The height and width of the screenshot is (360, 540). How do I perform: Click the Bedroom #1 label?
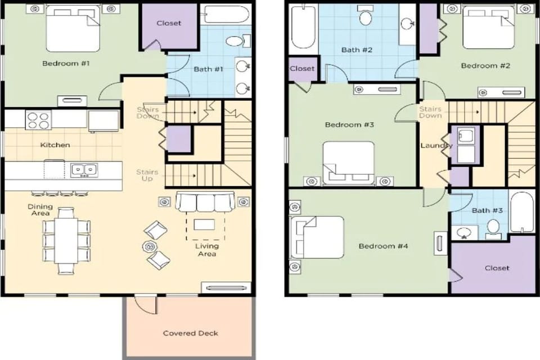pos(66,64)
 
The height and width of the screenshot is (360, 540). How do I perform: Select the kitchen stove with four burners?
pos(38,119)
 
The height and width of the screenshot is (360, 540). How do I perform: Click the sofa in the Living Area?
pos(205,201)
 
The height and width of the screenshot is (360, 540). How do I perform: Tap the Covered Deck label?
pos(190,333)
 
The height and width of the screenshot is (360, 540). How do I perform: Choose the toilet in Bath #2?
pos(366,17)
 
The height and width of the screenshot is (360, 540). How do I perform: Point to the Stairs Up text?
pos(147,175)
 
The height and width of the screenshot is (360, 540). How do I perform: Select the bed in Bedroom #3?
pos(349,163)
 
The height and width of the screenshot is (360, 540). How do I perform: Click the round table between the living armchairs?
pos(150,246)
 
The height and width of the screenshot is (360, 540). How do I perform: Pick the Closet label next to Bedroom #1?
pos(169,24)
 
